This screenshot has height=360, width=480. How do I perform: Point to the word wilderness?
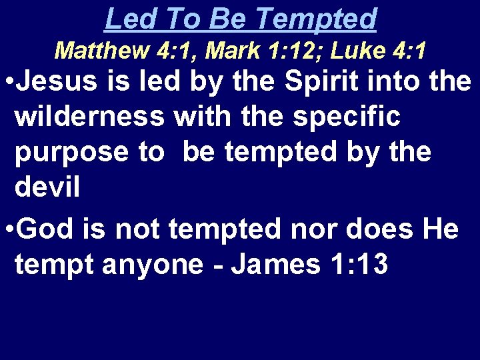[x=90, y=117]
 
